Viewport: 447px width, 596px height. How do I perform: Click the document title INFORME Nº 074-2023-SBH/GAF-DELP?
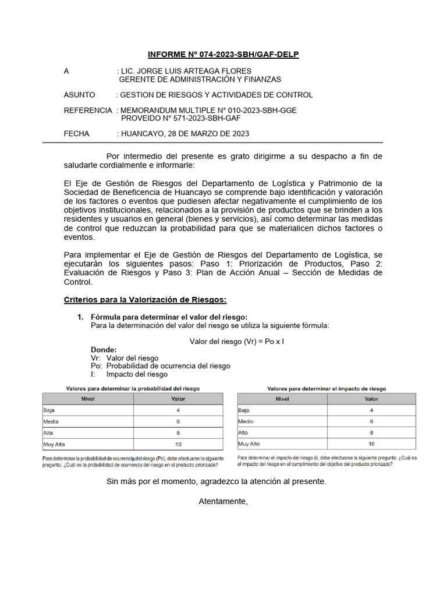pyautogui.click(x=223, y=55)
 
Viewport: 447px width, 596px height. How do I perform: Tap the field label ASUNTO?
pyautogui.click(x=80, y=95)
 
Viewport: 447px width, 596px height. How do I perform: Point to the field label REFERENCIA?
pyautogui.click(x=87, y=110)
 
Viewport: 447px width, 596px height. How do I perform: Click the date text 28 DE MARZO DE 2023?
pyautogui.click(x=208, y=133)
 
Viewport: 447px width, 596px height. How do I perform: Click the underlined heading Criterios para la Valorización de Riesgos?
pyautogui.click(x=145, y=300)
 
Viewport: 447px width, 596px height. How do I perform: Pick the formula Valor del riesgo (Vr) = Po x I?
pyautogui.click(x=236, y=342)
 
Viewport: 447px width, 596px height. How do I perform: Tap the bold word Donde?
pyautogui.click(x=104, y=350)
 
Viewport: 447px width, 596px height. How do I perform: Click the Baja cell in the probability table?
pyautogui.click(x=49, y=410)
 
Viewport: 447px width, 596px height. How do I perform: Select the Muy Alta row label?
pyautogui.click(x=54, y=444)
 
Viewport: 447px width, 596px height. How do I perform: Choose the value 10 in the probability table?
pyautogui.click(x=178, y=444)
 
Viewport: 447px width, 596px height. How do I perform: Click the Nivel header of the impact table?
pyautogui.click(x=282, y=399)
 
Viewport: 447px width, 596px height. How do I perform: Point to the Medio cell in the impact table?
pyautogui.click(x=246, y=421)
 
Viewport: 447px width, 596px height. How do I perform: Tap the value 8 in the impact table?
pyautogui.click(x=371, y=432)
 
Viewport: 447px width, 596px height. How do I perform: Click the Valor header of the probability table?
pyautogui.click(x=178, y=399)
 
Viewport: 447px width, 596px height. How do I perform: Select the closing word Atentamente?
pyautogui.click(x=223, y=501)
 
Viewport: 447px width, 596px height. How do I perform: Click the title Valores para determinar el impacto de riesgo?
pyautogui.click(x=327, y=388)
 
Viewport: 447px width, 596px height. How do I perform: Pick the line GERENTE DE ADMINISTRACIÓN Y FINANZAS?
pyautogui.click(x=200, y=79)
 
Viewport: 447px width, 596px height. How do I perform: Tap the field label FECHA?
pyautogui.click(x=77, y=133)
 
